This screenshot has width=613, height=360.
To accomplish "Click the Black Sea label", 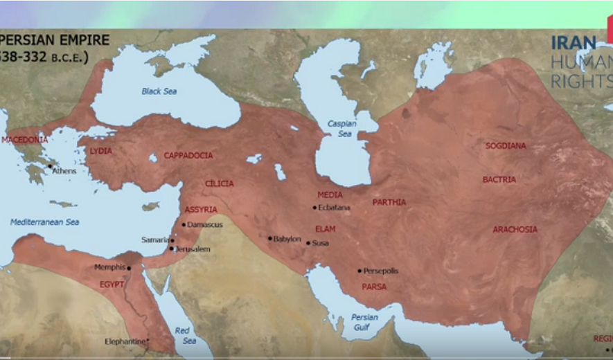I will [159, 91].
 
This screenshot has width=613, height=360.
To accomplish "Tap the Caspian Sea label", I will [341, 129].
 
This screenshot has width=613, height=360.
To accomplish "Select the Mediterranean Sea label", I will [44, 222].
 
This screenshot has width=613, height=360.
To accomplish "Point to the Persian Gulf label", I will [364, 322].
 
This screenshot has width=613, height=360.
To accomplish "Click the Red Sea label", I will [184, 335].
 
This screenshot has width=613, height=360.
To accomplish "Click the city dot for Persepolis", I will [359, 271].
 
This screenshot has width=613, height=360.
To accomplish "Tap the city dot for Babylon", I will [270, 238].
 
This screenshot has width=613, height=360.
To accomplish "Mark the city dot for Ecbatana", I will [314, 208].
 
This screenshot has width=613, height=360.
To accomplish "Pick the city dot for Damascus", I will [184, 224].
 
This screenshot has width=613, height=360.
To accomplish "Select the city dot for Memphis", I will [128, 267].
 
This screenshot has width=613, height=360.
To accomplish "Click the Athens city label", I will [64, 171].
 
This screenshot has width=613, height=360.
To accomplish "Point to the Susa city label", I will [321, 243].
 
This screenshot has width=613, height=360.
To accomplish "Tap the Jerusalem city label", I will [193, 249].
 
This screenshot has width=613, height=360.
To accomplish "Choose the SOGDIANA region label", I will [506, 146].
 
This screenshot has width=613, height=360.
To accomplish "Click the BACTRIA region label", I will [499, 179].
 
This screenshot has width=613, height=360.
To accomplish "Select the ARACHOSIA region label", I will [515, 229].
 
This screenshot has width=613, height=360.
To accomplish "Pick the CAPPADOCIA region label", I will [188, 156].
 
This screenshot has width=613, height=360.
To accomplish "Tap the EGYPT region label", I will [111, 285].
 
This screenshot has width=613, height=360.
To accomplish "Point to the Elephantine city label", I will [125, 341].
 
